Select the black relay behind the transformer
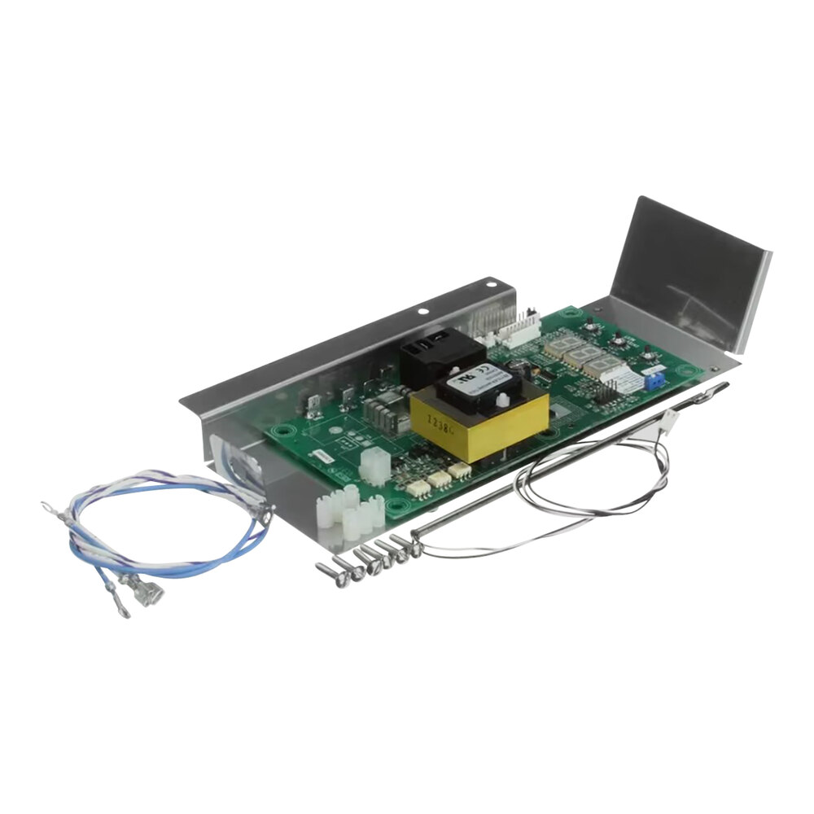coord(432,351)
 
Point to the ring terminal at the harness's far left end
coord(50,508)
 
